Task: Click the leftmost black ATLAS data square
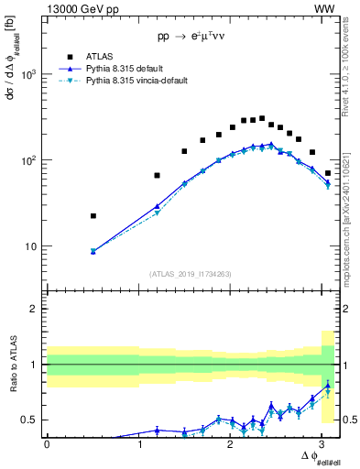point(93,216)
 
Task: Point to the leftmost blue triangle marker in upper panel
point(93,251)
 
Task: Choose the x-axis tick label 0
point(47,444)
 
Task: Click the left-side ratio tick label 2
point(37,309)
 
